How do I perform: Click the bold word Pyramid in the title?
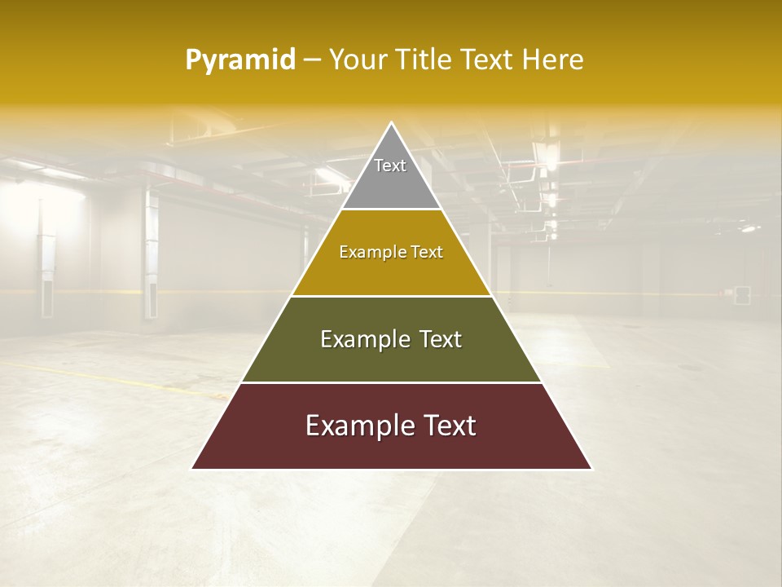pos(240,60)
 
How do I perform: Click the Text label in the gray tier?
pos(390,166)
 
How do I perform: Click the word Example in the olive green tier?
pos(364,339)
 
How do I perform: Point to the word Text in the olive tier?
pos(439,339)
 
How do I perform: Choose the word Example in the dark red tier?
pos(357,426)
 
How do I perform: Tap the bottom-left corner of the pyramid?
pos(193,468)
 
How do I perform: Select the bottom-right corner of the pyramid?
pos(591,468)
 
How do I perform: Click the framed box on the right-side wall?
pos(741,294)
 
